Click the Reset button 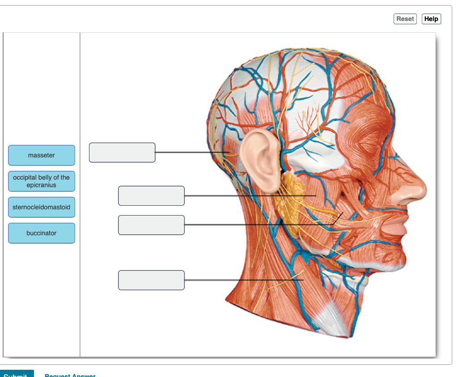tap(405, 19)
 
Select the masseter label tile tap(42, 155)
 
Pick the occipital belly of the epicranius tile tap(42, 181)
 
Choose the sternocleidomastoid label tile tap(42, 207)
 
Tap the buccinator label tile tap(42, 233)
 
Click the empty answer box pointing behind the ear tap(122, 152)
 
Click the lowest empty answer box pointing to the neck tap(151, 280)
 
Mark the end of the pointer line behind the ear tap(229, 152)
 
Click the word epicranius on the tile tap(42, 185)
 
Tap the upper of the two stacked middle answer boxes tap(151, 196)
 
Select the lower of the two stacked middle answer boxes tap(151, 225)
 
